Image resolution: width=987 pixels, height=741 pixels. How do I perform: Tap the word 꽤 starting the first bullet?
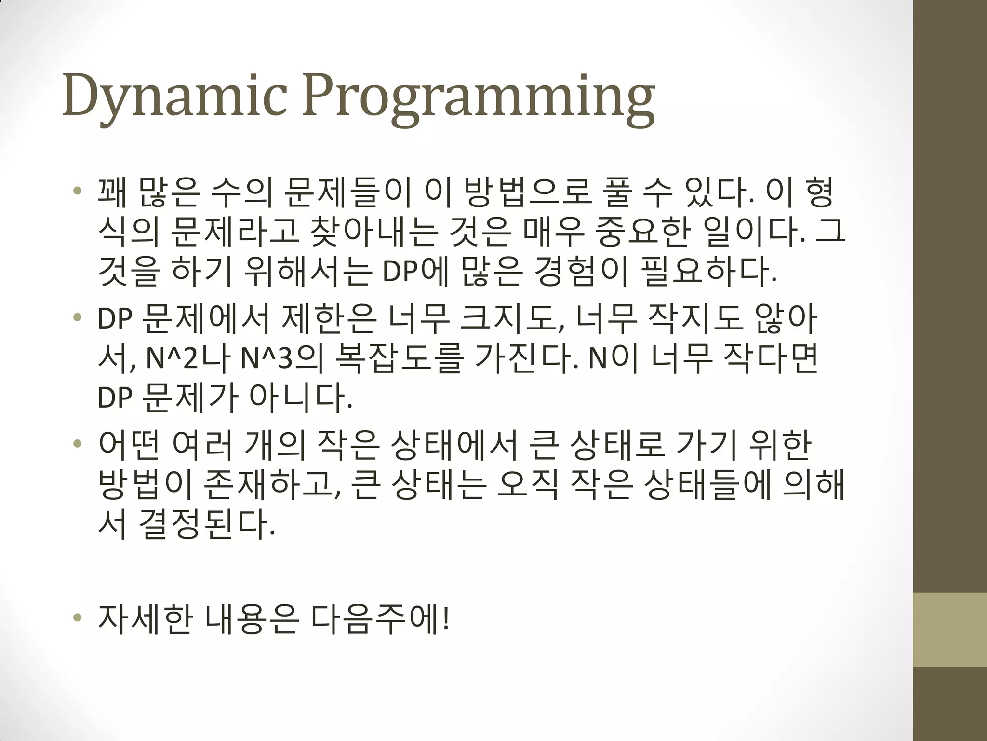pos(112,192)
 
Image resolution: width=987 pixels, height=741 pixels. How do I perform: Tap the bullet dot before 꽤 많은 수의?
pos(77,192)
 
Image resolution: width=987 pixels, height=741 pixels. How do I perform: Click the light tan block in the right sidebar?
pos(950,630)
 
